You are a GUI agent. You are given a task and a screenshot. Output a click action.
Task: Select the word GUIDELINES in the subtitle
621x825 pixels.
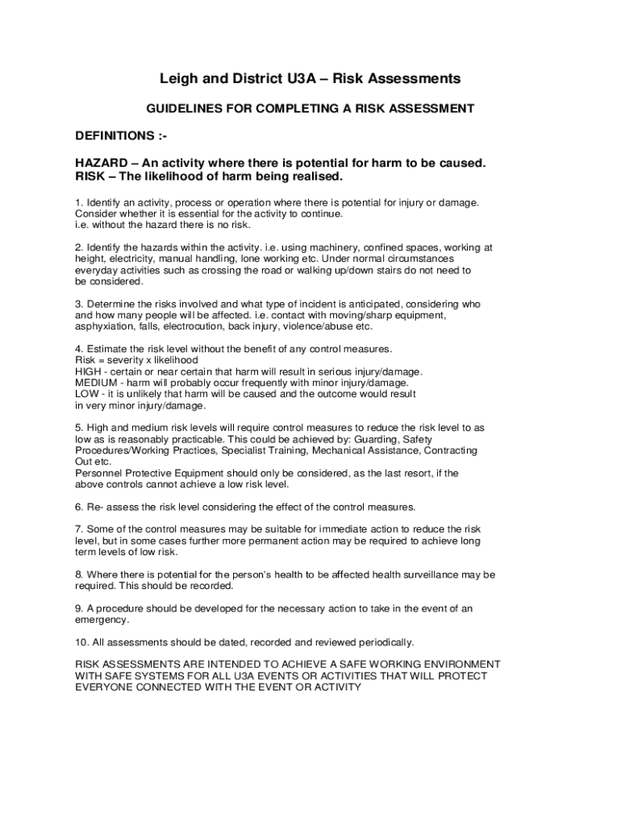pyautogui.click(x=182, y=108)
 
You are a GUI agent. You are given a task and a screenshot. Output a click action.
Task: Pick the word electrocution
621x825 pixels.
pyautogui.click(x=241, y=327)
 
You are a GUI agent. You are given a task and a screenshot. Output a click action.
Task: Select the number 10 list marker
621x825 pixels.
pyautogui.click(x=81, y=642)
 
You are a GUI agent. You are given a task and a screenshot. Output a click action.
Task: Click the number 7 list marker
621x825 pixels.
pyautogui.click(x=78, y=529)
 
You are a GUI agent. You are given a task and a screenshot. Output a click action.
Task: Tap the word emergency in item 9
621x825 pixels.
pyautogui.click(x=102, y=620)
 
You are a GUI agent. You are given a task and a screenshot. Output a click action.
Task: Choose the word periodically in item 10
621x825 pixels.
pyautogui.click(x=381, y=642)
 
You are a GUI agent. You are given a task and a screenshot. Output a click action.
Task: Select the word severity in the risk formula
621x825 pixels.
pyautogui.click(x=125, y=360)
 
